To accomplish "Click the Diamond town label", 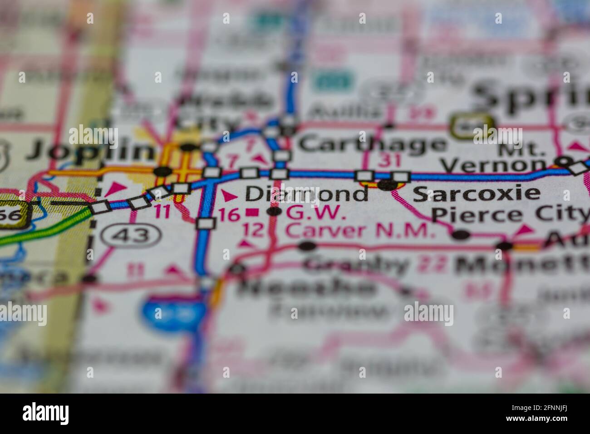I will tap(306, 194).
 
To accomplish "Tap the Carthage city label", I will tap(372, 145).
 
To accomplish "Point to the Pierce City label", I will tap(509, 213).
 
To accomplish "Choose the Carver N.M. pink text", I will tap(359, 231).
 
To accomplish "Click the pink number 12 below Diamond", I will tap(253, 230).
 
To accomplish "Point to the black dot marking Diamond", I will tap(274, 211).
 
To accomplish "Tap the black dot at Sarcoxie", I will tap(387, 184).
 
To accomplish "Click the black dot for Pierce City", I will tap(461, 234).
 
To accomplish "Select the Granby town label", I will tap(357, 265).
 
